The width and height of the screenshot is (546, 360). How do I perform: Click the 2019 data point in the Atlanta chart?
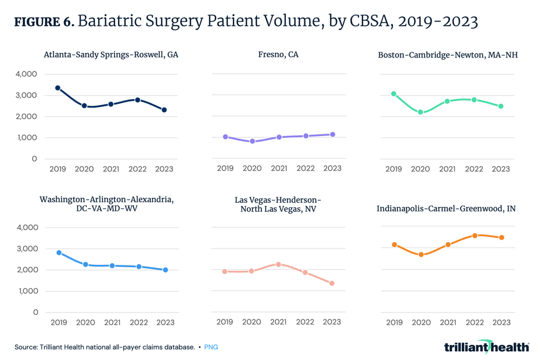[58, 88]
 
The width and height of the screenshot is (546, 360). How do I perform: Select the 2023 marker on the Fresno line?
[332, 135]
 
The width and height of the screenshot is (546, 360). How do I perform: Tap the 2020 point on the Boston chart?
[421, 112]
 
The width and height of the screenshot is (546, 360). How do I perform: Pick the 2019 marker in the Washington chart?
[59, 253]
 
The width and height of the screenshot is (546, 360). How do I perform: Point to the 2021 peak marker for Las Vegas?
[279, 264]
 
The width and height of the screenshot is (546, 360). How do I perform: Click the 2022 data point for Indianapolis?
[475, 236]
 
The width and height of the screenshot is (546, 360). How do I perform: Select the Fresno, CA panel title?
[278, 55]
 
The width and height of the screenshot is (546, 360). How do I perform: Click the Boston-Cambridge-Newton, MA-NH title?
[447, 55]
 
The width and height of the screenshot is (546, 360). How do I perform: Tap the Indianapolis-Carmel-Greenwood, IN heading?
[446, 208]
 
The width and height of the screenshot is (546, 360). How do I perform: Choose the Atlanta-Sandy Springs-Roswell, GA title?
[111, 55]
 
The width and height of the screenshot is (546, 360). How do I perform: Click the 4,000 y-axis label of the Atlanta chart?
[26, 74]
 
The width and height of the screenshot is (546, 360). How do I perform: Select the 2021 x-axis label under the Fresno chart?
[279, 169]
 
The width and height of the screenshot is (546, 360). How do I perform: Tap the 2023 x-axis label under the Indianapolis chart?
[501, 322]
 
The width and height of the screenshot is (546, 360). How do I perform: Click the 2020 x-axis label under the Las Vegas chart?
[252, 322]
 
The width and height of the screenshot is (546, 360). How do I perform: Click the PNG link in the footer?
[211, 347]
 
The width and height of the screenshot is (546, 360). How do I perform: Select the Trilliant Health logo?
[486, 347]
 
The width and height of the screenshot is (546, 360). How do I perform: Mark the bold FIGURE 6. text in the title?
[44, 23]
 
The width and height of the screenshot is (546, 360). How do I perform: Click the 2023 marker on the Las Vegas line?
[332, 283]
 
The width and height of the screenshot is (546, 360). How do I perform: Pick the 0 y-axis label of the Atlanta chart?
[34, 159]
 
